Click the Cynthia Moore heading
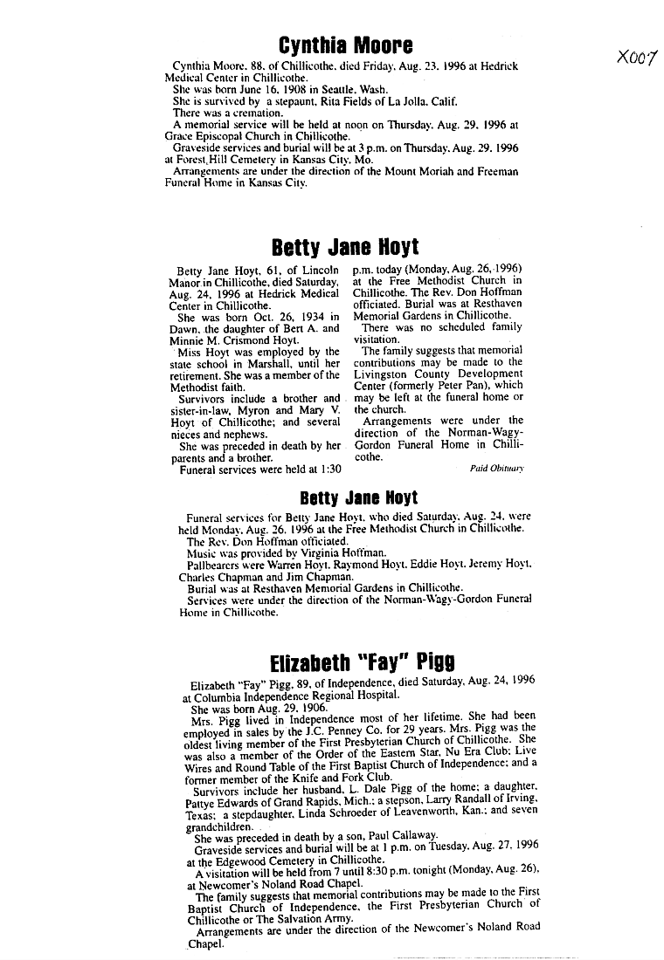[333, 45]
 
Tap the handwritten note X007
[635, 58]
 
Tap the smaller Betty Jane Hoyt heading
[358, 498]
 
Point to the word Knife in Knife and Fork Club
[291, 778]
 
